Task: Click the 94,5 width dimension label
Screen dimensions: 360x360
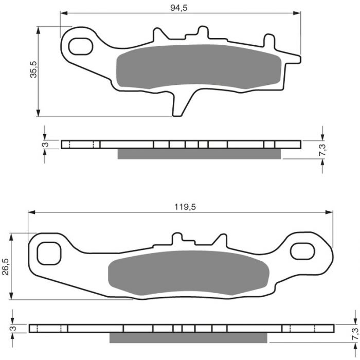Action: click(179, 8)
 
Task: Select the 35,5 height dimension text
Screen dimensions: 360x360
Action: click(33, 69)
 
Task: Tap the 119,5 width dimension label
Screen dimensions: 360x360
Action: click(185, 207)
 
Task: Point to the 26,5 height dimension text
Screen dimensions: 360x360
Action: click(6, 266)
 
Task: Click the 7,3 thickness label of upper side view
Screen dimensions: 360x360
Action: click(322, 150)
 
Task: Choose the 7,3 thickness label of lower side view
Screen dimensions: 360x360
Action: click(355, 334)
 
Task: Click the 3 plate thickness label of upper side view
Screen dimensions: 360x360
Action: click(46, 145)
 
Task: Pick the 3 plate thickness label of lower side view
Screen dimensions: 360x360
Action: click(14, 328)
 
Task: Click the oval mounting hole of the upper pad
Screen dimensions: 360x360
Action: click(81, 46)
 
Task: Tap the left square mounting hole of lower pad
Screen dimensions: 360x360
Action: click(49, 253)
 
